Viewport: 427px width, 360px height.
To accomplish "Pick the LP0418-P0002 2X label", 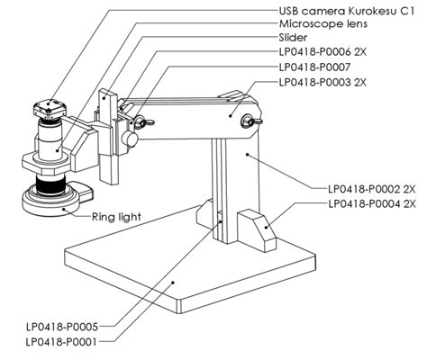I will (371, 190).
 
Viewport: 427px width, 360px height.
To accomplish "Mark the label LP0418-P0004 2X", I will (371, 204).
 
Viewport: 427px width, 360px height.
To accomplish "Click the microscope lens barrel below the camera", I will (50, 144).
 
